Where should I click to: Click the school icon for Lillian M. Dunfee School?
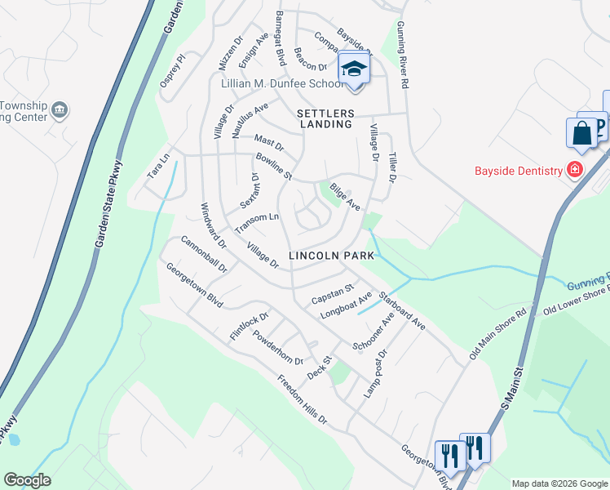tap(354, 68)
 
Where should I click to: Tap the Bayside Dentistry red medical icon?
tap(575, 170)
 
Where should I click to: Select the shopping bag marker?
tap(582, 134)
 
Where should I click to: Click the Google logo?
tap(27, 480)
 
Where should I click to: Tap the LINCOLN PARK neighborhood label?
tap(332, 256)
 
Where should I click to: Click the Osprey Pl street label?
tap(173, 71)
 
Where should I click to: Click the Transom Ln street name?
tap(257, 222)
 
